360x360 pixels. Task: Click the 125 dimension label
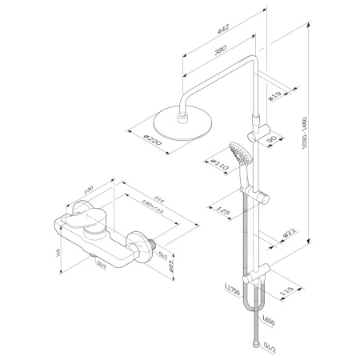coord(223,211)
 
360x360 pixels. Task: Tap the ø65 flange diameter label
coord(169,265)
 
